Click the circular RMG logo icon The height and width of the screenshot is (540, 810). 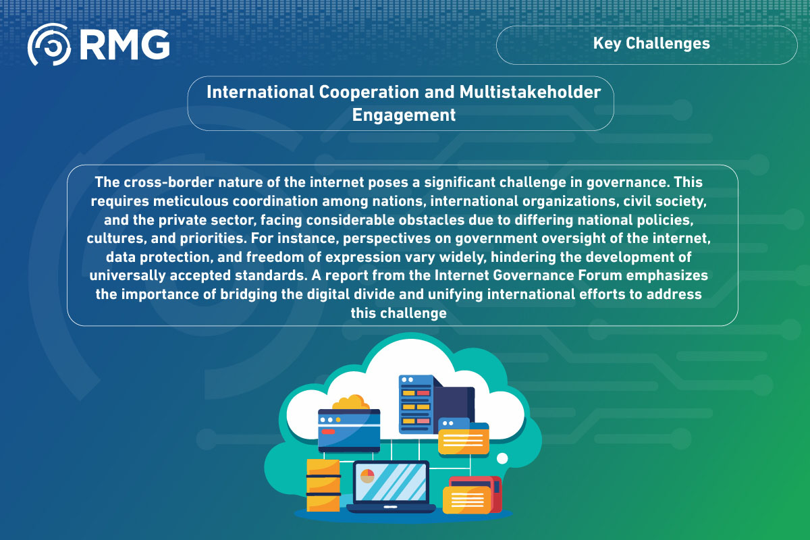click(x=49, y=45)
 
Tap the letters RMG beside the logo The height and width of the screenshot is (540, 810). click(x=125, y=45)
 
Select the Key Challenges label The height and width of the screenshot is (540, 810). click(x=651, y=44)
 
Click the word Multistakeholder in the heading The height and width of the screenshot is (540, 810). click(x=530, y=92)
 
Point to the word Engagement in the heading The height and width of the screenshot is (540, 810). click(x=404, y=115)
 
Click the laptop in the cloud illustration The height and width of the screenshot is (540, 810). click(x=391, y=487)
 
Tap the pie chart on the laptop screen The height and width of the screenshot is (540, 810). click(x=367, y=476)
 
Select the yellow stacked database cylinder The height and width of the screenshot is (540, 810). click(x=323, y=485)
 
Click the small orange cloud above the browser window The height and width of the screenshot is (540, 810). click(x=350, y=402)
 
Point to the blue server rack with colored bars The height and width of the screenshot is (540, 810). click(x=416, y=404)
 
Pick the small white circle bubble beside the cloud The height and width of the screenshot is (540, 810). click(x=502, y=458)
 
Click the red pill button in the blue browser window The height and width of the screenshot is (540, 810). click(x=328, y=432)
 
